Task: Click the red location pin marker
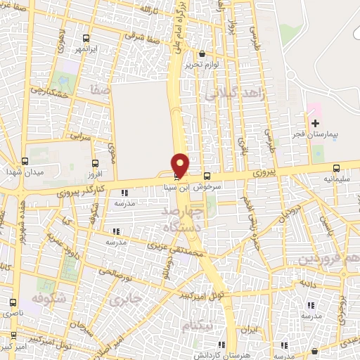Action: tap(181, 165)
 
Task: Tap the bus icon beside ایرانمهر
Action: tap(86, 39)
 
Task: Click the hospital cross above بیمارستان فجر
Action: tap(315, 123)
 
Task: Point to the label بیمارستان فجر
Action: tap(315, 133)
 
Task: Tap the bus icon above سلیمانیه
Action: tap(337, 169)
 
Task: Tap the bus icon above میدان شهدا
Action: tap(25, 161)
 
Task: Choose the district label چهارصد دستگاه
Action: tap(200, 219)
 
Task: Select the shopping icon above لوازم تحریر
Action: tap(202, 54)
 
